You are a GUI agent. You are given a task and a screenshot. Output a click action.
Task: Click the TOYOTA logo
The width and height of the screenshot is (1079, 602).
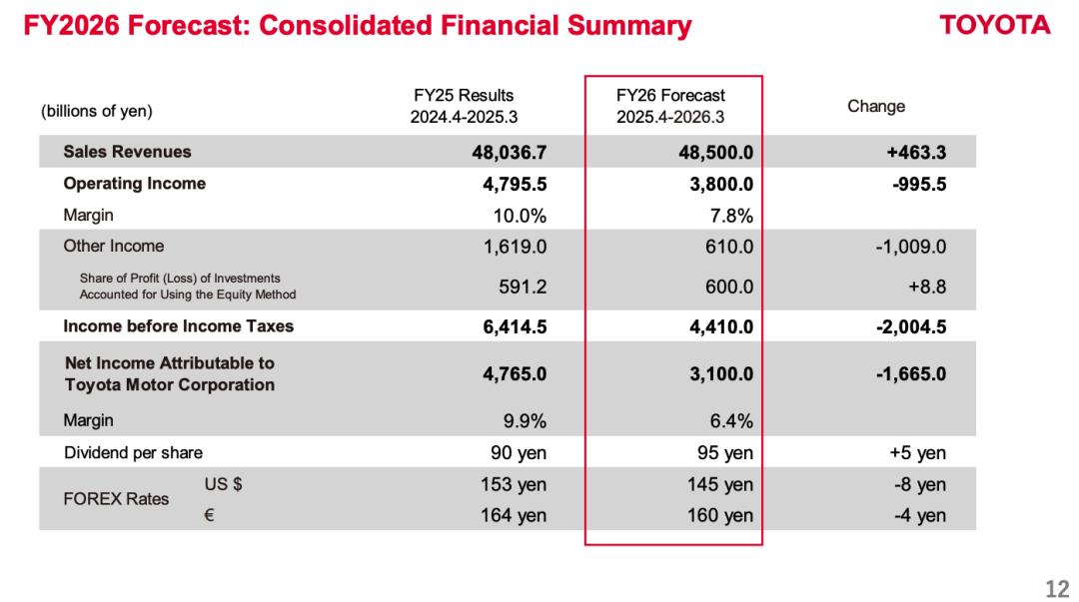click(995, 25)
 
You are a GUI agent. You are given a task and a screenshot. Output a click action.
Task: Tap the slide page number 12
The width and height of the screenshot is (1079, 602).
click(1058, 589)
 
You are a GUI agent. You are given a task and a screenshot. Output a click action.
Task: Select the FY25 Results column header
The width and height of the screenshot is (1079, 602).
click(464, 106)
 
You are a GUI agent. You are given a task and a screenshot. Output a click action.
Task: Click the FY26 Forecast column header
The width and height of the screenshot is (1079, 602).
click(671, 106)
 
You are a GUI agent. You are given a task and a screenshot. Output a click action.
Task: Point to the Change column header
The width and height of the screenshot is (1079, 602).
click(876, 106)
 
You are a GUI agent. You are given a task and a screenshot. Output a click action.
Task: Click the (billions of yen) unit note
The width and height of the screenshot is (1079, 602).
click(96, 112)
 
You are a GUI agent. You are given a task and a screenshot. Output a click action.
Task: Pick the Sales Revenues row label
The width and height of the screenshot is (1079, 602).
click(127, 152)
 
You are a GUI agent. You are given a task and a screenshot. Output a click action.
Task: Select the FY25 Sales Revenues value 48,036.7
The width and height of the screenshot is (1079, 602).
click(510, 152)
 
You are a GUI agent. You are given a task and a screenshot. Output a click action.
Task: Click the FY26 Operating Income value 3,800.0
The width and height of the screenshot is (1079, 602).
click(721, 185)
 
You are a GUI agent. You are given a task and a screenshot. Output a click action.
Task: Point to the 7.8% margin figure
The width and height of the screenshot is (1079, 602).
click(731, 216)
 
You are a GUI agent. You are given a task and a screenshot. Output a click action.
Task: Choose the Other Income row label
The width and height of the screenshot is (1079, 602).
click(114, 247)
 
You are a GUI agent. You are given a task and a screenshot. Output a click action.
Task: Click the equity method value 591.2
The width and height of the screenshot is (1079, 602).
click(523, 287)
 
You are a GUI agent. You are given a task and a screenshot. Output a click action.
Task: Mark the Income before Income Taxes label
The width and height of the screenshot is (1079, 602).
click(178, 326)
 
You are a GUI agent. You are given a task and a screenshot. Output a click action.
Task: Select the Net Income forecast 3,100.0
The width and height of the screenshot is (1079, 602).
click(721, 374)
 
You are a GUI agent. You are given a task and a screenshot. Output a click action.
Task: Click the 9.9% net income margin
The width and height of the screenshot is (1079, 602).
click(526, 421)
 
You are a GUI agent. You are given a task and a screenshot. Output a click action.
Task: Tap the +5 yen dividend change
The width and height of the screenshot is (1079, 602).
click(917, 452)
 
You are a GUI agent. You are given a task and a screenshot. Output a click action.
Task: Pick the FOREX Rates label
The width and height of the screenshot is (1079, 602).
click(116, 499)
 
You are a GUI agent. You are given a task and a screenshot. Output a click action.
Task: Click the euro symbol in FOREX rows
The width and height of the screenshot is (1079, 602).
click(209, 515)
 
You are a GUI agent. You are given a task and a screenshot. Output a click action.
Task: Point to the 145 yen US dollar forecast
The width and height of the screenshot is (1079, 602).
click(719, 484)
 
